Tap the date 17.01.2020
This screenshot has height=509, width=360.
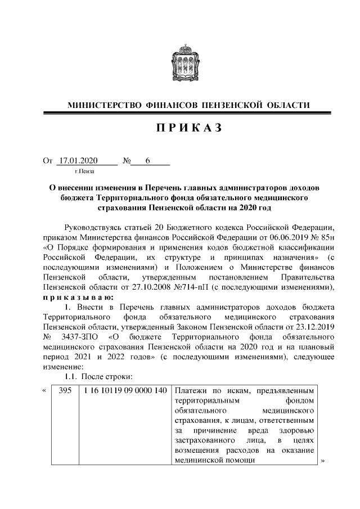coord(78,161)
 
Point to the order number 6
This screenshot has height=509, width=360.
coord(147,161)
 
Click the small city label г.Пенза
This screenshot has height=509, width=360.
coord(84,170)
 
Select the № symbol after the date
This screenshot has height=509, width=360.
coord(127,161)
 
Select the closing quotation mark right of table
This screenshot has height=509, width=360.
coord(323,460)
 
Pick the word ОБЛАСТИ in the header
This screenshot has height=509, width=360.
coord(287,105)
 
